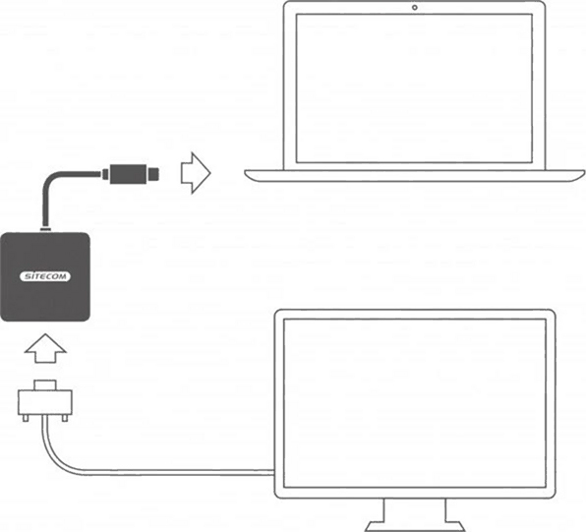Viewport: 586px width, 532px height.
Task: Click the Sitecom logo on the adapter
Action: coord(45,276)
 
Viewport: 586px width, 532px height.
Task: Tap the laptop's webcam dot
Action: coord(415,8)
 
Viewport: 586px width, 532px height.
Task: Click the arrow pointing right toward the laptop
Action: coord(196,173)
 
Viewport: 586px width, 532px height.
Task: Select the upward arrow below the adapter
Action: coord(45,348)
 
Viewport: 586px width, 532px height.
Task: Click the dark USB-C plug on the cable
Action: coord(128,174)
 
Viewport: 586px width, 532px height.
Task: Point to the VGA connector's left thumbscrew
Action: coord(26,417)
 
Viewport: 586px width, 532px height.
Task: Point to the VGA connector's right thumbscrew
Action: coord(64,417)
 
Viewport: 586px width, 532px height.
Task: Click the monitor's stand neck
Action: coord(415,510)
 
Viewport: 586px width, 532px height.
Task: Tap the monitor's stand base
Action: coord(415,527)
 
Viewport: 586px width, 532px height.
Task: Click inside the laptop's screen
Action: coord(414,89)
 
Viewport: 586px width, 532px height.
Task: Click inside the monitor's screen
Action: coord(415,404)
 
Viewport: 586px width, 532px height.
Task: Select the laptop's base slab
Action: coord(415,176)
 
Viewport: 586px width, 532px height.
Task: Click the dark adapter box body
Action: coord(45,276)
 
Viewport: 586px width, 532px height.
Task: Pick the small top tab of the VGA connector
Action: coord(45,385)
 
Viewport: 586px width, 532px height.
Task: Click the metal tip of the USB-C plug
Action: coord(152,174)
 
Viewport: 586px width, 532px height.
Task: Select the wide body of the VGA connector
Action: coord(45,402)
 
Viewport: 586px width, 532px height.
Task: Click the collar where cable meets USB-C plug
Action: coord(106,174)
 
